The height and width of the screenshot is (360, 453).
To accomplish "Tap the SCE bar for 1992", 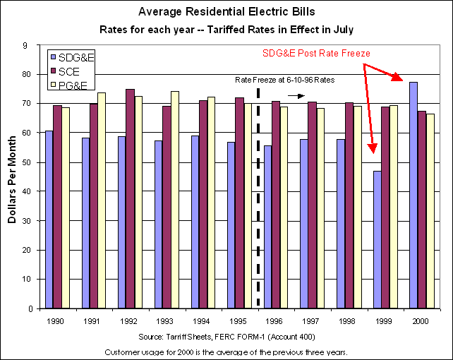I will (131, 198).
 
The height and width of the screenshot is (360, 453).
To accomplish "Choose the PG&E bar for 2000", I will (430, 211).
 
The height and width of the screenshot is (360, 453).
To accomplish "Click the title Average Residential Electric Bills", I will (226, 11).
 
